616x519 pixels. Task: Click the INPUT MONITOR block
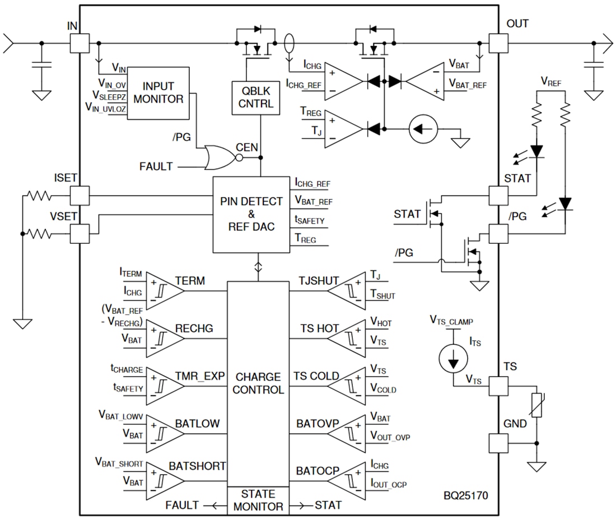click(162, 93)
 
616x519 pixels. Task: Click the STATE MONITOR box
click(258, 500)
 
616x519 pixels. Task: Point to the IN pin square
click(80, 43)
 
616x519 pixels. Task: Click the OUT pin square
click(498, 43)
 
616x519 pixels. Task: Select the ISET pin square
click(80, 196)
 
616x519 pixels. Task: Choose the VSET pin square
click(80, 233)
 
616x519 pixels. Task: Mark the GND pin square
click(498, 443)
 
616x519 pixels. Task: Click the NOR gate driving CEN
click(220, 158)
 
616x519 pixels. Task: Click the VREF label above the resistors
click(551, 82)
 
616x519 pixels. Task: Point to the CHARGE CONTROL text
click(258, 383)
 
